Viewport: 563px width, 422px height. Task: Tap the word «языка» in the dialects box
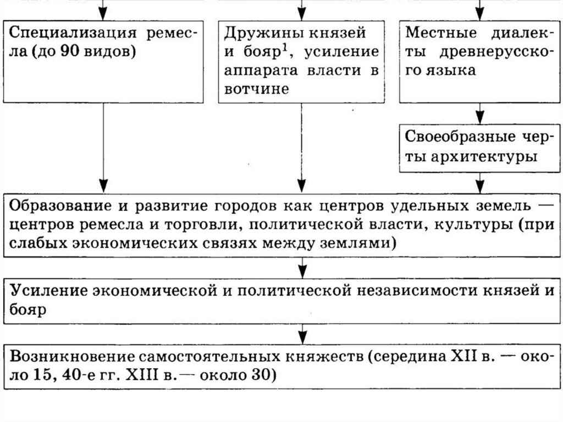tap(454, 71)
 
